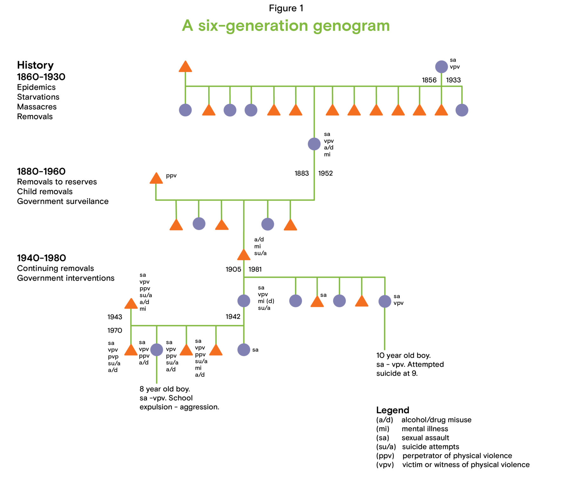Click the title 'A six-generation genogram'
pyautogui.click(x=286, y=25)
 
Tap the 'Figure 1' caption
pyautogui.click(x=286, y=8)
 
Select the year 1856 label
pyautogui.click(x=429, y=80)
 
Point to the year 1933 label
pyautogui.click(x=453, y=80)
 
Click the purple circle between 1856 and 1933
pyautogui.click(x=441, y=67)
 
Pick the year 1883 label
pyautogui.click(x=302, y=173)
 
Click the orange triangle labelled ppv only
pyautogui.click(x=156, y=179)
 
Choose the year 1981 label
pyautogui.click(x=255, y=269)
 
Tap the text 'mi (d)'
pyautogui.click(x=266, y=301)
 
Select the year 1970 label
pyautogui.click(x=115, y=331)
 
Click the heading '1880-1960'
pyautogui.click(x=41, y=172)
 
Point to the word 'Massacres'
pyautogui.click(x=37, y=107)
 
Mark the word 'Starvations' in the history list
pyautogui.click(x=38, y=97)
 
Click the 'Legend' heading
pyautogui.click(x=392, y=410)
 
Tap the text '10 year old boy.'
pyautogui.click(x=403, y=355)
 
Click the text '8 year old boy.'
pyautogui.click(x=165, y=389)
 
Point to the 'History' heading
pyautogui.click(x=35, y=65)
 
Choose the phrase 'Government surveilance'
pyautogui.click(x=63, y=201)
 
